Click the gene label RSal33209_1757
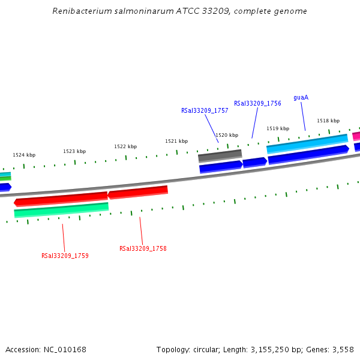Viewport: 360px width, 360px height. (x=205, y=110)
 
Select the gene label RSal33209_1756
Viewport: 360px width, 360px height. (x=257, y=103)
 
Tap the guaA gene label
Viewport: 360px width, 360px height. (x=301, y=97)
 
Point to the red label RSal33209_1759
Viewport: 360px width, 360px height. (x=65, y=256)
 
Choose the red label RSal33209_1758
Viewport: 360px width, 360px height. (x=143, y=248)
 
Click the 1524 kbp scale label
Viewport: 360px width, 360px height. (x=24, y=155)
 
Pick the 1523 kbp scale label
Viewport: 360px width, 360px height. (x=74, y=151)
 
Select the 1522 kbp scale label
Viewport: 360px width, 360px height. (x=125, y=146)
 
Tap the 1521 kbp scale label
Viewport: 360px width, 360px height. (x=176, y=141)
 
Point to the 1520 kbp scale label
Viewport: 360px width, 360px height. (x=227, y=135)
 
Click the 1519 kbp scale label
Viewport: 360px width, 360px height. (x=278, y=128)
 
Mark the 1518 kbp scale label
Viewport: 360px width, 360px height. (x=328, y=121)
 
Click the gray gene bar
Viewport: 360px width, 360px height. (x=220, y=156)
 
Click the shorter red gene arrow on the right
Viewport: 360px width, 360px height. (x=137, y=192)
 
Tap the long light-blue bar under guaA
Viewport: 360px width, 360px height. (x=307, y=145)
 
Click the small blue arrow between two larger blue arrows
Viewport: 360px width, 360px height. (x=254, y=162)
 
